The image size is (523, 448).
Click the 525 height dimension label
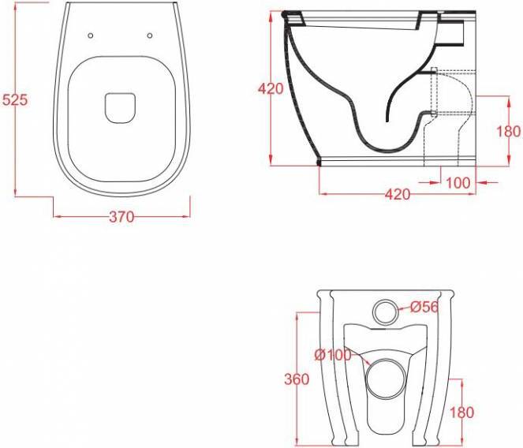pos(14,99)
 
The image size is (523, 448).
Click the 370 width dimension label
pos(121,217)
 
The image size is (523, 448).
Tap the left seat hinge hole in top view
pos(91,35)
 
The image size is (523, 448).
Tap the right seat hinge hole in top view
pos(150,35)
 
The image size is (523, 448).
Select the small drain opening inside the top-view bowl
pos(120,108)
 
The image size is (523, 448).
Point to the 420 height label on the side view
pos(271,89)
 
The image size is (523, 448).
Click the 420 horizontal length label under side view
pos(398,194)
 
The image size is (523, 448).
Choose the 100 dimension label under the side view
pos(458,183)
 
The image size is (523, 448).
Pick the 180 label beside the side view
pos(508,132)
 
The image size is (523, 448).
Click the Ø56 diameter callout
pos(424,307)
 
